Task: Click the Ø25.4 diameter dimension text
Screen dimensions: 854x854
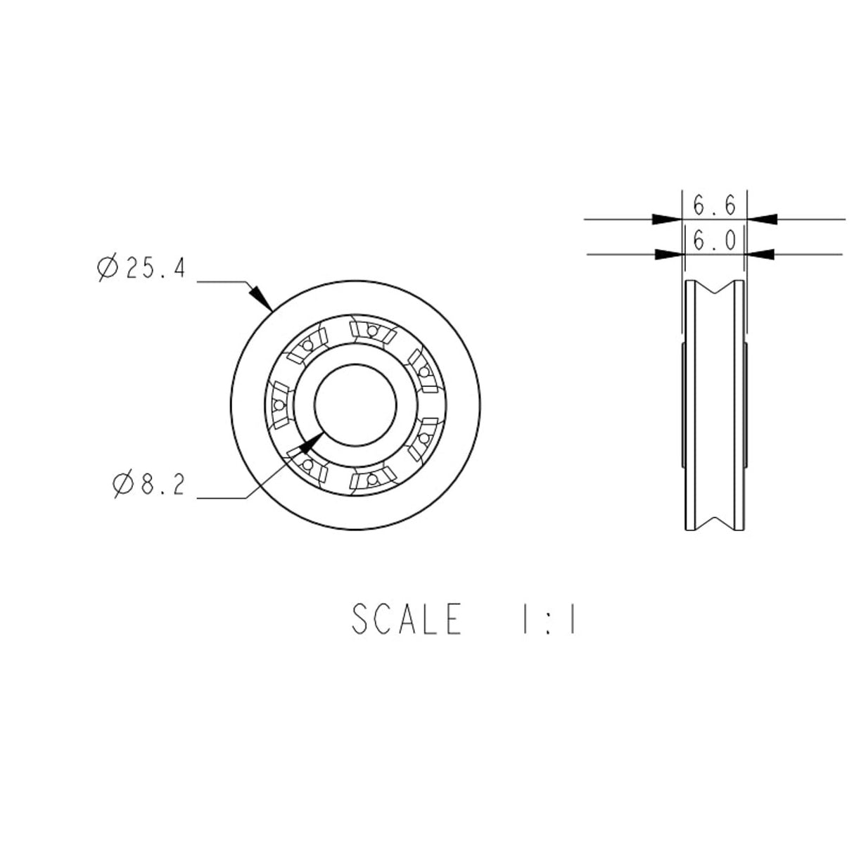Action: tap(141, 268)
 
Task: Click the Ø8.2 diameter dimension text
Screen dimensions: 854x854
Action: tap(149, 485)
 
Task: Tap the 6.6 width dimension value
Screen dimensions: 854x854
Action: tap(714, 206)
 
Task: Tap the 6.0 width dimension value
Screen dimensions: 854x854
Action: tap(714, 241)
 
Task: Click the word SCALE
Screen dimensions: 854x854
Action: tap(407, 619)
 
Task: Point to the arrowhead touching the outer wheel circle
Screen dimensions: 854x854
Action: tap(262, 298)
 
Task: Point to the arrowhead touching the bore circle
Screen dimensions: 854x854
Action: tap(310, 442)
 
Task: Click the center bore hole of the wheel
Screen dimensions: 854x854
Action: tap(355, 405)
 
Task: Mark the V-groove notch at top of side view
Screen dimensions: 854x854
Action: tap(715, 291)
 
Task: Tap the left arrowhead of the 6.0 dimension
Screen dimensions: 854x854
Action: tap(669, 254)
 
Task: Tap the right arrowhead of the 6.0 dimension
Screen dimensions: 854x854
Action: tap(760, 254)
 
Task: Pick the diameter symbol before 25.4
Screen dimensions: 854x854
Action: tap(108, 268)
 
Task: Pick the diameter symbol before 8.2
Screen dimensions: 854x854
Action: tap(124, 485)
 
